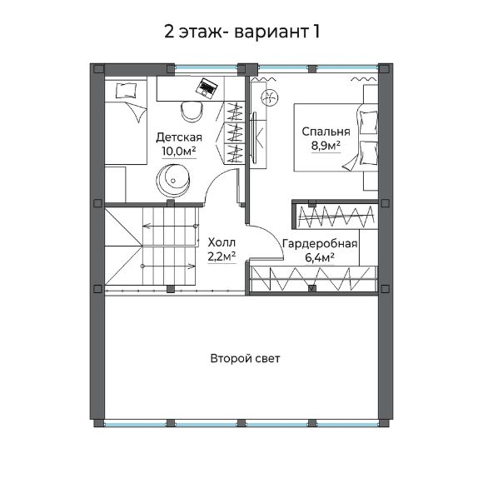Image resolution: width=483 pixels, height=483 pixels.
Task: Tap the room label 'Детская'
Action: click(179, 137)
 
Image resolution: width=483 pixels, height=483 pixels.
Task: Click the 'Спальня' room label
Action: click(326, 132)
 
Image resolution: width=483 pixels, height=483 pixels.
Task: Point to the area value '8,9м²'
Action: click(326, 146)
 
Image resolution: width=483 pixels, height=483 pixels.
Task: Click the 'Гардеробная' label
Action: click(320, 244)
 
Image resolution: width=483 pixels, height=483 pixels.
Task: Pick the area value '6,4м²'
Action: click(320, 258)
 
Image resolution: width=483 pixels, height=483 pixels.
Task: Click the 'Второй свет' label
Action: click(245, 359)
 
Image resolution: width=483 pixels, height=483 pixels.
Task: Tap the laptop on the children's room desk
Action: click(207, 87)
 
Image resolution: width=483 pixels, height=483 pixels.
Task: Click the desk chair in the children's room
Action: click(187, 109)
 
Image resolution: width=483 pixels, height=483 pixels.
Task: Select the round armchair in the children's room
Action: click(175, 177)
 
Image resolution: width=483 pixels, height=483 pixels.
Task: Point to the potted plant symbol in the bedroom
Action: click(270, 98)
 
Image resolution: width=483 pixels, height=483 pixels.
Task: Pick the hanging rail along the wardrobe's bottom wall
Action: click(311, 280)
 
